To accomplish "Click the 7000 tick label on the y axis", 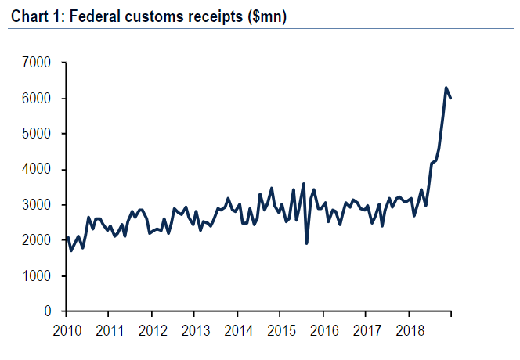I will [37, 63].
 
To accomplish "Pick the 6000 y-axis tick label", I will [37, 99].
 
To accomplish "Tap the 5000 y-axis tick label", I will [37, 134].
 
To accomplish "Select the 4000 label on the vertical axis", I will [37, 170].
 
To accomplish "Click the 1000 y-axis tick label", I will [37, 276].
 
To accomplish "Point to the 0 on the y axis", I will [48, 311].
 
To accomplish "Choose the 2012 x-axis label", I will [152, 329].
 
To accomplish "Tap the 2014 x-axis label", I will [238, 329].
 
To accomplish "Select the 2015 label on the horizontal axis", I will [280, 329].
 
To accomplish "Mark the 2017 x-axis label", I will [366, 329].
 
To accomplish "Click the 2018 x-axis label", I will [409, 329].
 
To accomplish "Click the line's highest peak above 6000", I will [446, 88].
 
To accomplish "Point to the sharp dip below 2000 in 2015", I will [306, 243].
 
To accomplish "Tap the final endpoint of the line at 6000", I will [450, 98].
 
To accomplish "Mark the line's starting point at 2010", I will [67, 238].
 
